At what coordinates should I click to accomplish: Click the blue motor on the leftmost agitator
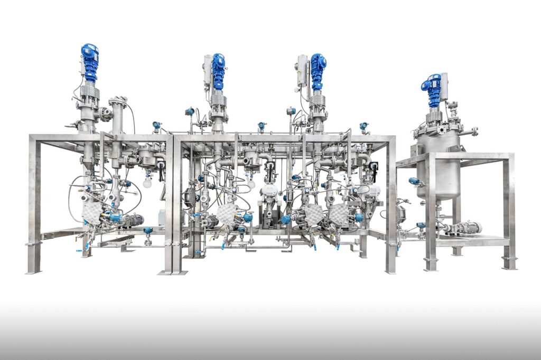click(90, 61)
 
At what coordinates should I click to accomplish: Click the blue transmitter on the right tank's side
click(414, 181)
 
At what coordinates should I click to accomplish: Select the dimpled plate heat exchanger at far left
click(93, 213)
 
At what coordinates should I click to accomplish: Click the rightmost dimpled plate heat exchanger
click(338, 215)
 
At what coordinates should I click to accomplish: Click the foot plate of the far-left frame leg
click(34, 271)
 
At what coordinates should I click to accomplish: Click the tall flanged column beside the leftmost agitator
click(118, 127)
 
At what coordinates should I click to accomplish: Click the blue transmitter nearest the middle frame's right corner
click(364, 127)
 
